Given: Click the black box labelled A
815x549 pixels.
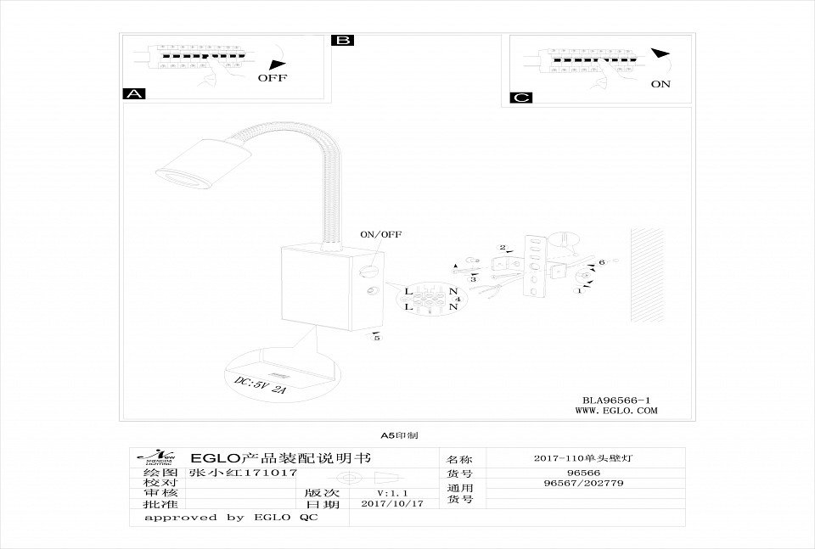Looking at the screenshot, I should point(134,93).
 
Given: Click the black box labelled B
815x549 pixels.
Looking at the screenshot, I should point(343,40).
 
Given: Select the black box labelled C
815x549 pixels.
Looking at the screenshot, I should point(521,98).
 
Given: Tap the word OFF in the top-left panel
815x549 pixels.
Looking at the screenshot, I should point(273,78).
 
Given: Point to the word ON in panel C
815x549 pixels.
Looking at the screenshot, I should point(660,84).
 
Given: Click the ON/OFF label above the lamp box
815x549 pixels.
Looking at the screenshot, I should point(381,233).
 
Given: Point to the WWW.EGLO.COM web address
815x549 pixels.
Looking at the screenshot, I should point(616,411).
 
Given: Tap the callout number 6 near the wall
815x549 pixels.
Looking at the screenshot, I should point(601,263).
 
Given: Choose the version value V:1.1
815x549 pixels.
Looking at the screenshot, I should point(392,492).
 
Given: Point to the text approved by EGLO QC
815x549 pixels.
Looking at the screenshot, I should point(231,517).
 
